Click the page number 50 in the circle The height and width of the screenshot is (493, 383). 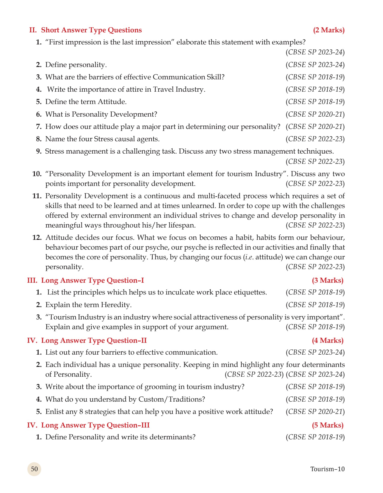[x=34, y=469]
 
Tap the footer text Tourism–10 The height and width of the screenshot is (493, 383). [x=327, y=469]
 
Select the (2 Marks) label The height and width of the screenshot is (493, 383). [x=329, y=30]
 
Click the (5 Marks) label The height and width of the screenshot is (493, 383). [x=328, y=425]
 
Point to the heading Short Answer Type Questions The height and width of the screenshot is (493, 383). [x=91, y=30]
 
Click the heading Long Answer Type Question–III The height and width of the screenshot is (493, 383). [x=95, y=425]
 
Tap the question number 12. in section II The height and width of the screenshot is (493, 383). [x=37, y=238]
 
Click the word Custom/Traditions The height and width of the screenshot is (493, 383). [x=171, y=399]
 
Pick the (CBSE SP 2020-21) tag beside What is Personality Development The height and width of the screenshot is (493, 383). [x=315, y=114]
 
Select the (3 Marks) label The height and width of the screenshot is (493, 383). [x=328, y=280]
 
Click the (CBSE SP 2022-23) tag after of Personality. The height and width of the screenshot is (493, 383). [x=254, y=374]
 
